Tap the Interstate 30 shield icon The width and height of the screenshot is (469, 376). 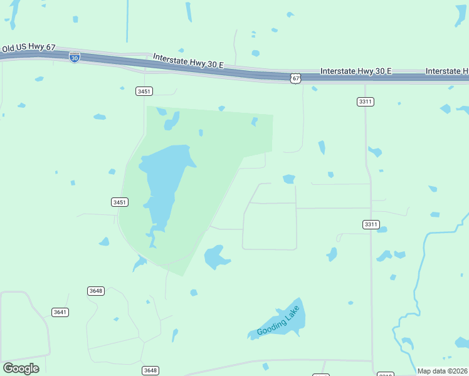click(75, 57)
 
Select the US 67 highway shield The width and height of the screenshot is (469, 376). click(295, 78)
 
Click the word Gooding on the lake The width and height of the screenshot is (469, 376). click(271, 326)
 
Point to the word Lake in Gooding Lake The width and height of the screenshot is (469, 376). click(292, 313)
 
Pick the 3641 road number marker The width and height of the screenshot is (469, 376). click(60, 312)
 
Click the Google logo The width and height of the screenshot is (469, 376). click(21, 368)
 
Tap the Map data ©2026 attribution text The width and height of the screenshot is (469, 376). click(443, 371)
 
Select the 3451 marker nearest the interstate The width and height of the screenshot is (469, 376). click(144, 91)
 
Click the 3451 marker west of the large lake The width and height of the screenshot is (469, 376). click(120, 202)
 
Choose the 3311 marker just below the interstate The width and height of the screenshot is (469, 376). click(366, 102)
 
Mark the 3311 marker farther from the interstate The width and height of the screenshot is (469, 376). click(371, 224)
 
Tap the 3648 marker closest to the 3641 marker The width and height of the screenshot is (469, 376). click(96, 291)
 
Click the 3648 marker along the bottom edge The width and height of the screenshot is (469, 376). click(150, 370)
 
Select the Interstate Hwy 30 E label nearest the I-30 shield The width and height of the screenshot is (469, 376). click(188, 61)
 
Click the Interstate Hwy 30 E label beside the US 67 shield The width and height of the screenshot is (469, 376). click(356, 71)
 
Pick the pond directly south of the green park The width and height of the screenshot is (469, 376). click(215, 256)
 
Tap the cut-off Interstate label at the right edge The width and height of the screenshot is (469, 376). click(446, 71)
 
